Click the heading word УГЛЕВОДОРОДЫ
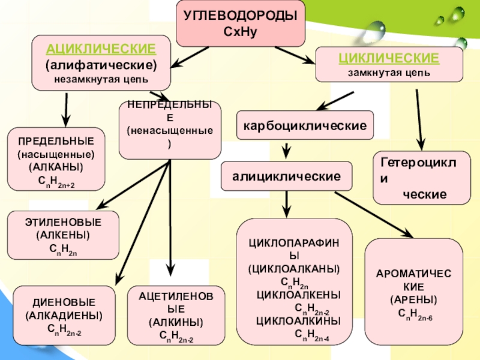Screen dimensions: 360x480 coord(240,16)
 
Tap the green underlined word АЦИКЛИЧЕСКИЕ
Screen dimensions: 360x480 coord(101,49)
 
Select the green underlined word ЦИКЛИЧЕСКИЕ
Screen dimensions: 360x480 coord(389,58)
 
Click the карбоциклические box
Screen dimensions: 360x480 coord(305,127)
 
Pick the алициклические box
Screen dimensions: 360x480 coord(287,176)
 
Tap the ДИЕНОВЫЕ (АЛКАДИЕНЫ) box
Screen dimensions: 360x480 coord(64,316)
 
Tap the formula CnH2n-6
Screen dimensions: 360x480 coord(415,313)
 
